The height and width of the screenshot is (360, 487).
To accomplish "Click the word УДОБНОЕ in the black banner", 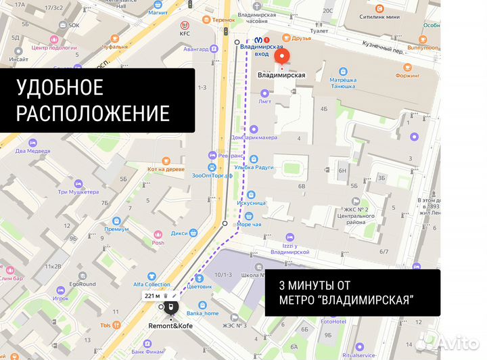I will pyautogui.click(x=60, y=87).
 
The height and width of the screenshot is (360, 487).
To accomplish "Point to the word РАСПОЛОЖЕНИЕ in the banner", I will pyautogui.click(x=93, y=112).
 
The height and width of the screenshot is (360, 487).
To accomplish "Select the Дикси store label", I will pyautogui.click(x=179, y=233).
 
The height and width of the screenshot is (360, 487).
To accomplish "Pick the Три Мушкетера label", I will pyautogui.click(x=78, y=192).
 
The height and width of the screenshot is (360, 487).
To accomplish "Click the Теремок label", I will pyautogui.click(x=223, y=20).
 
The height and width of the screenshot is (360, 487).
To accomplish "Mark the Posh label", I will pyautogui.click(x=158, y=242).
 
